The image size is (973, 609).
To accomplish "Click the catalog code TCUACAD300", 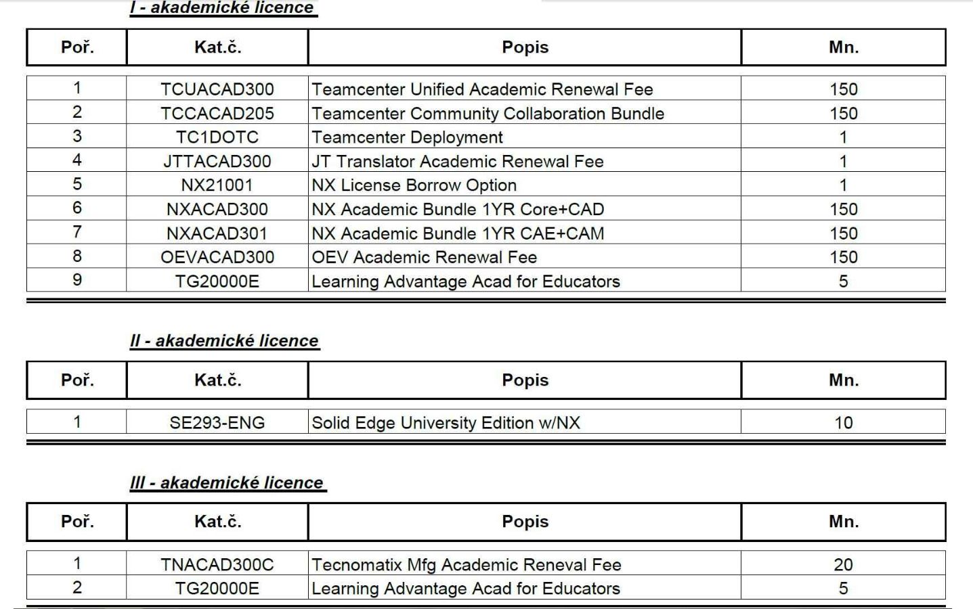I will [x=217, y=89].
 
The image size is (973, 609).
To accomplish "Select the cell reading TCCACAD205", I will [x=217, y=113].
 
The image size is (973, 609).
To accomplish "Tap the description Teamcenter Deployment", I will [x=407, y=137].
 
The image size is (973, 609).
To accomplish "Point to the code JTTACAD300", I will [x=217, y=161].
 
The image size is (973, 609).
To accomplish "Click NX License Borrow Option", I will [x=414, y=185].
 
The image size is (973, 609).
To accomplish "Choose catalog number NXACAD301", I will [x=217, y=233].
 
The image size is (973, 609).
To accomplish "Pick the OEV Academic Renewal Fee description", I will [x=424, y=257].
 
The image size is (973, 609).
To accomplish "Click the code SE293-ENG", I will [x=217, y=423].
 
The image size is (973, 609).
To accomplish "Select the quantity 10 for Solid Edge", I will [x=843, y=423].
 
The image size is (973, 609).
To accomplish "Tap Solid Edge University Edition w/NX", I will [x=446, y=423].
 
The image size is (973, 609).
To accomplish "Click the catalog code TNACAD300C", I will [x=217, y=564].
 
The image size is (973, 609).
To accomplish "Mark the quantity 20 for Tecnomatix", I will [x=843, y=564].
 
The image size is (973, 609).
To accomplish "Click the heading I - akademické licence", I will [x=223, y=8].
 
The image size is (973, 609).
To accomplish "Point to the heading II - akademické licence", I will [x=224, y=340].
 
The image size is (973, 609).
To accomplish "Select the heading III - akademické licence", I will [x=227, y=482].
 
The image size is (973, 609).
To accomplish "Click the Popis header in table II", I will [x=525, y=380].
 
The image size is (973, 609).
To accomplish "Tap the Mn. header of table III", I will [x=843, y=522].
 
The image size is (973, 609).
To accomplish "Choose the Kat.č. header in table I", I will [x=217, y=47].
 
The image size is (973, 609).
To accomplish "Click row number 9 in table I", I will [x=77, y=280].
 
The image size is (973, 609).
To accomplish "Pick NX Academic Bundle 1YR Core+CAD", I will [x=458, y=209].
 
